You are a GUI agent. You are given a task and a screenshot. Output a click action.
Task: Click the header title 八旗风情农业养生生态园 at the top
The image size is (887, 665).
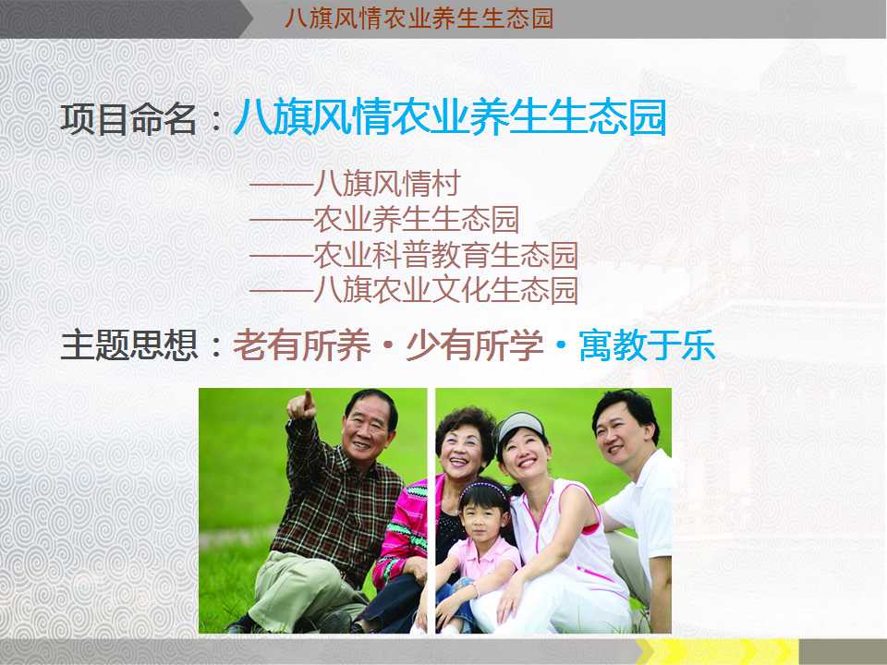(x=419, y=18)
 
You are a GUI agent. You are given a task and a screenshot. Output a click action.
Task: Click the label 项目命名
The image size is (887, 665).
(x=128, y=119)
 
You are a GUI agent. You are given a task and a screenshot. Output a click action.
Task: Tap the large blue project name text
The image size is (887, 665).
(x=450, y=117)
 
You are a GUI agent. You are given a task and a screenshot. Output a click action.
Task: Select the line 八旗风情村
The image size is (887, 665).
(x=386, y=183)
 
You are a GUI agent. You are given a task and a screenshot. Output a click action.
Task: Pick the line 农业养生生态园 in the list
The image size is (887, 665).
(x=416, y=220)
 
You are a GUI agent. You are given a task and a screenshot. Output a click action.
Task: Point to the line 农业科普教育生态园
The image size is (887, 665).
(x=445, y=255)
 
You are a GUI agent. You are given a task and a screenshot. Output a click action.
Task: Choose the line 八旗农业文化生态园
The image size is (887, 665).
(x=445, y=291)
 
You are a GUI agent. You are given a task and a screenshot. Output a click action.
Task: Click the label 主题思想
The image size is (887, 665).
(x=129, y=345)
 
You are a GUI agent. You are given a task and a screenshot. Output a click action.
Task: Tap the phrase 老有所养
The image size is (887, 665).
(x=301, y=345)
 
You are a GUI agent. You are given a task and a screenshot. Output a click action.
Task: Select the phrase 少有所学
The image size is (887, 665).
(x=474, y=345)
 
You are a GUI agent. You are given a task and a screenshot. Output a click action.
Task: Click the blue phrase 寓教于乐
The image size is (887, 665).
(x=647, y=345)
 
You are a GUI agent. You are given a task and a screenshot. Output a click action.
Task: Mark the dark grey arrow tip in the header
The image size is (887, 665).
(x=248, y=19)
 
